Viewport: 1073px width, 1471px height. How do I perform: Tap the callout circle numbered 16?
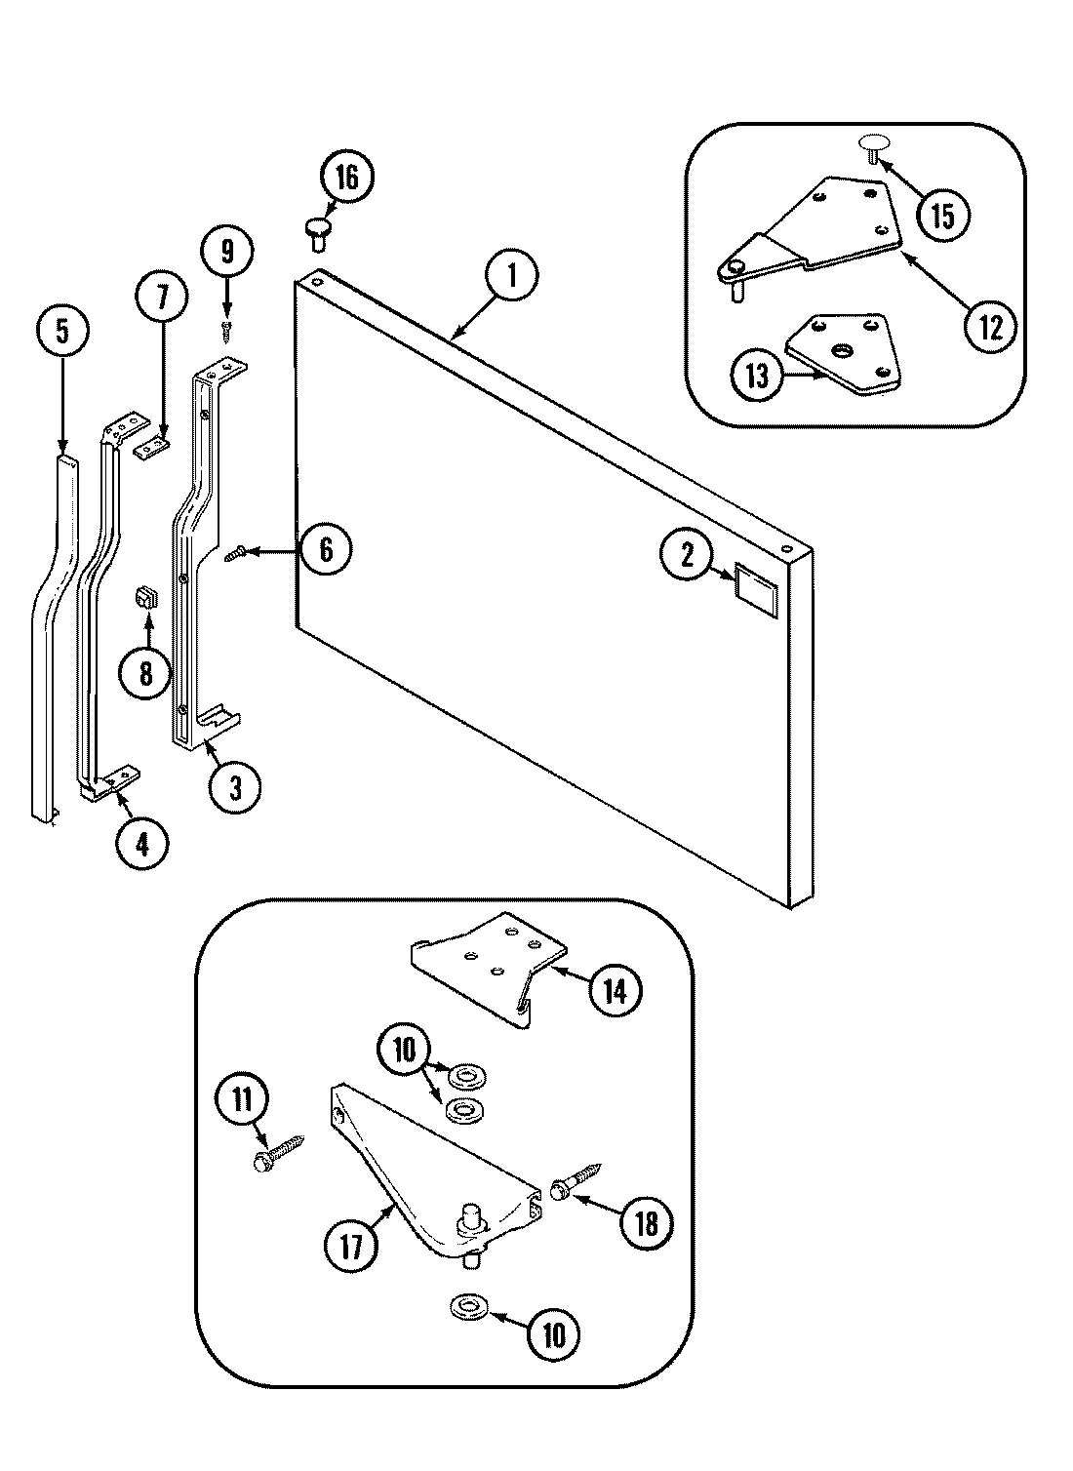click(346, 179)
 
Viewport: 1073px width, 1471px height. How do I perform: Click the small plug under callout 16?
click(318, 230)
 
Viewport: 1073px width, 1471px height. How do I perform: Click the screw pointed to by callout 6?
click(236, 554)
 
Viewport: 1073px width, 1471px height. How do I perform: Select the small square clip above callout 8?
click(146, 596)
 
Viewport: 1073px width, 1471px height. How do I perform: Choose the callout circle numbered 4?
click(142, 843)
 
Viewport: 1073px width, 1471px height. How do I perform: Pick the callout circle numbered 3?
click(234, 787)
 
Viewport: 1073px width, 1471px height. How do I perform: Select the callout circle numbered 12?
click(989, 326)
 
